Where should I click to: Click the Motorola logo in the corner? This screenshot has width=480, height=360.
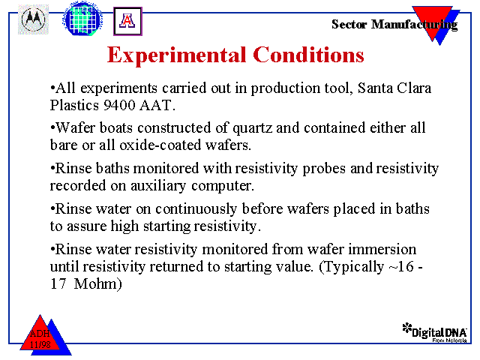[x=33, y=19]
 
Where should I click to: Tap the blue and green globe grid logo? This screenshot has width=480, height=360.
[x=82, y=18]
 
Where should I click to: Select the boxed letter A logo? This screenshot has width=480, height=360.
[x=127, y=21]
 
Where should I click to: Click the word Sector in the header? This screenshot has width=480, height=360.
[x=349, y=24]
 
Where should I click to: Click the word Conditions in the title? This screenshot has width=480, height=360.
[x=308, y=55]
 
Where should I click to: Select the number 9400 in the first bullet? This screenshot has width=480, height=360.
[x=119, y=105]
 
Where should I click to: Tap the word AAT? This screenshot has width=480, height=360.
[x=157, y=105]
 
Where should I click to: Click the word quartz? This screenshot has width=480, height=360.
[x=252, y=128]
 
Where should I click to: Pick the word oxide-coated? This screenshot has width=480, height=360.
[x=160, y=145]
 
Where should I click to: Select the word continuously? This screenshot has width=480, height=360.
[x=196, y=209]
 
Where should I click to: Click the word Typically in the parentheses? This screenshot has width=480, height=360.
[x=354, y=267]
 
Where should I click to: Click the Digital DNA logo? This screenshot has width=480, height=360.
[x=435, y=332]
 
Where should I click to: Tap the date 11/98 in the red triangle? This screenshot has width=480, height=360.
[x=40, y=345]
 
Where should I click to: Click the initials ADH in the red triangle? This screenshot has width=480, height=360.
[x=40, y=334]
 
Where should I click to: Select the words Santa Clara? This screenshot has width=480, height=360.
[x=394, y=88]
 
